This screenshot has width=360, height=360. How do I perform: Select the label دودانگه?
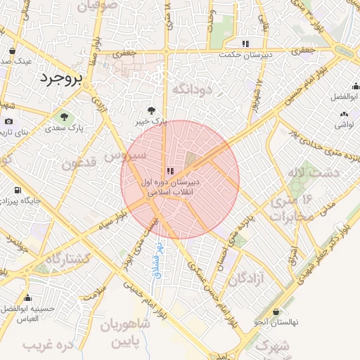(x=188, y=89)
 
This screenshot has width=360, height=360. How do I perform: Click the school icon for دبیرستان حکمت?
(x=245, y=44)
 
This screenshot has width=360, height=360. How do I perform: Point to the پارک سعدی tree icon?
(x=64, y=117)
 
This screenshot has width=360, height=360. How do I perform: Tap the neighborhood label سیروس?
(x=124, y=153)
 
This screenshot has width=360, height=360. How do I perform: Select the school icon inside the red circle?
(x=170, y=171)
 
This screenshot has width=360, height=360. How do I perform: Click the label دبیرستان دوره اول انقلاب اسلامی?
(x=171, y=186)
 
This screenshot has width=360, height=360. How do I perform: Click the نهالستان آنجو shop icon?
(x=276, y=311)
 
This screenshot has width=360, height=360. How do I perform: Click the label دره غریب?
(x=48, y=346)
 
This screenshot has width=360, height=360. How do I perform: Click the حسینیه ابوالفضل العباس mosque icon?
(x=27, y=298)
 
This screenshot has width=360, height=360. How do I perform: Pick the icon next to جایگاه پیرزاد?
(x=15, y=190)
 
